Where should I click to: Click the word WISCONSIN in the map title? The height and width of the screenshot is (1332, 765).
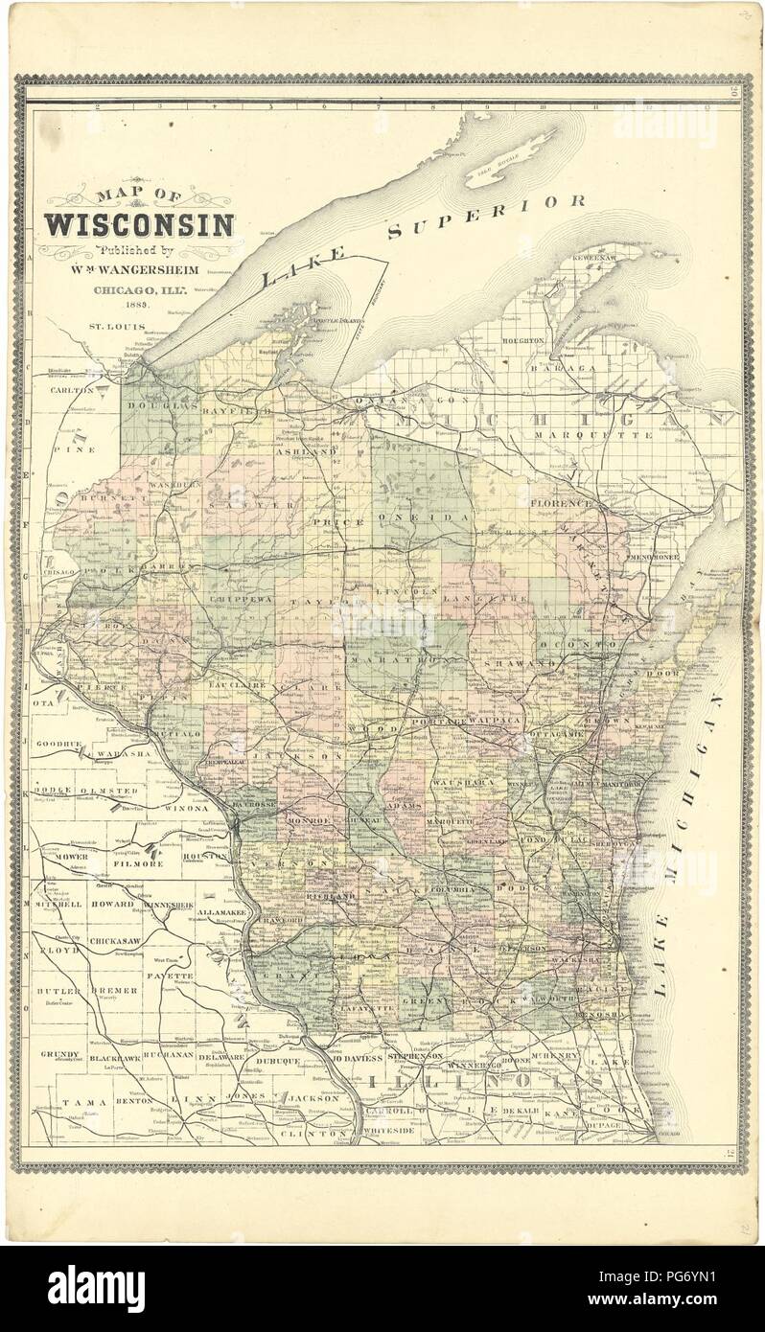point(138,226)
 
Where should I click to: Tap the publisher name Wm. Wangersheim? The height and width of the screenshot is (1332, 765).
point(139,271)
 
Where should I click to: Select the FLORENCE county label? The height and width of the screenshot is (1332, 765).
point(557,501)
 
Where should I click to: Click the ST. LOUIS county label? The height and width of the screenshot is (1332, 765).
point(108,326)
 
